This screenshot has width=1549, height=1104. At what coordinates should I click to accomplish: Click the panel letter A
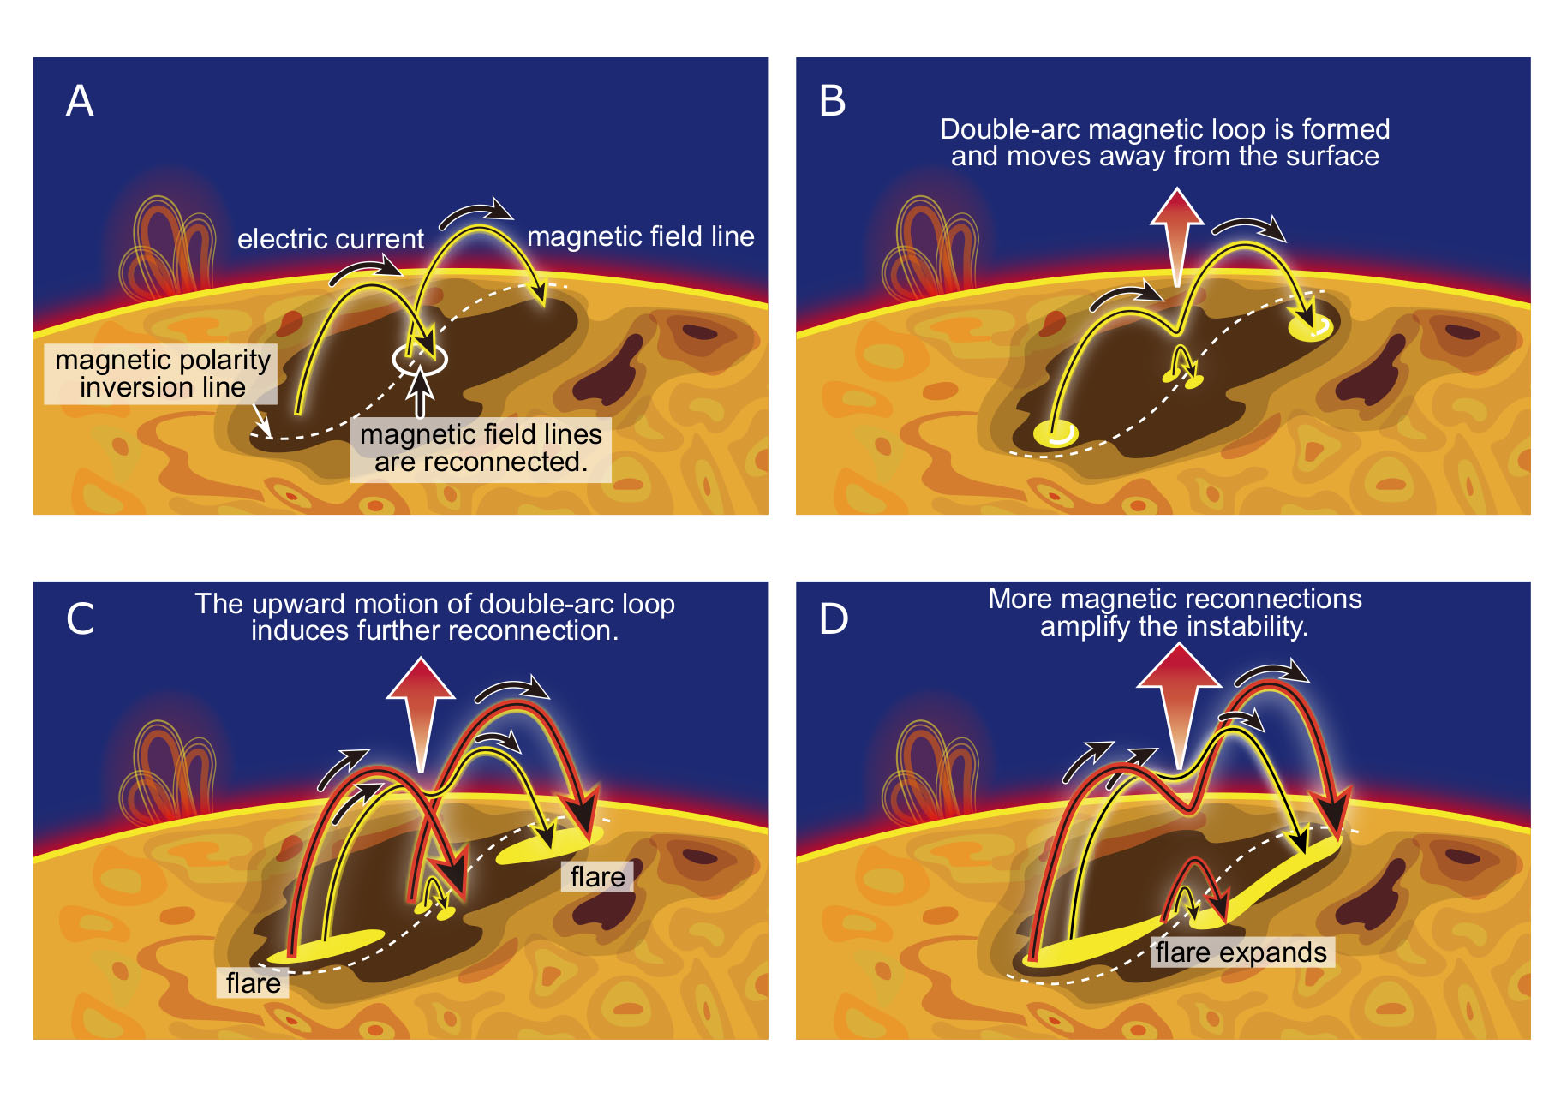tap(80, 101)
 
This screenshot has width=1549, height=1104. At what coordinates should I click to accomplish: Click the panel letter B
tap(832, 101)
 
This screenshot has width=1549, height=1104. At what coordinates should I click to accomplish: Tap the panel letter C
tap(81, 618)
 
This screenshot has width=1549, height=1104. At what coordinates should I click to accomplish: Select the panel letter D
tap(834, 618)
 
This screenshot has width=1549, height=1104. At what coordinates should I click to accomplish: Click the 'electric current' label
tap(330, 239)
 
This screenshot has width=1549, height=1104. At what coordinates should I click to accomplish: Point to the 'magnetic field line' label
tap(640, 236)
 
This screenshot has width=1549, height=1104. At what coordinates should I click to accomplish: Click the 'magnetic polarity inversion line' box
tap(162, 373)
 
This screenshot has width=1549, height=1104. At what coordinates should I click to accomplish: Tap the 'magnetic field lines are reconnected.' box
tap(481, 449)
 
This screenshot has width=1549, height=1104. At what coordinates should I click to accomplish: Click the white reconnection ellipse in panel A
tap(419, 359)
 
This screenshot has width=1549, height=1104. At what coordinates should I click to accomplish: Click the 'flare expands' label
tap(1241, 952)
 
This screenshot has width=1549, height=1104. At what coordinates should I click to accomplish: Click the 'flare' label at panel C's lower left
tap(253, 982)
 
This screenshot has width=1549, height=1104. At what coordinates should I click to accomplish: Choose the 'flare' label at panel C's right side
tap(597, 877)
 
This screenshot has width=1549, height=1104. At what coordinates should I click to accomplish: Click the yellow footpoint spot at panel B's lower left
tap(1056, 433)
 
